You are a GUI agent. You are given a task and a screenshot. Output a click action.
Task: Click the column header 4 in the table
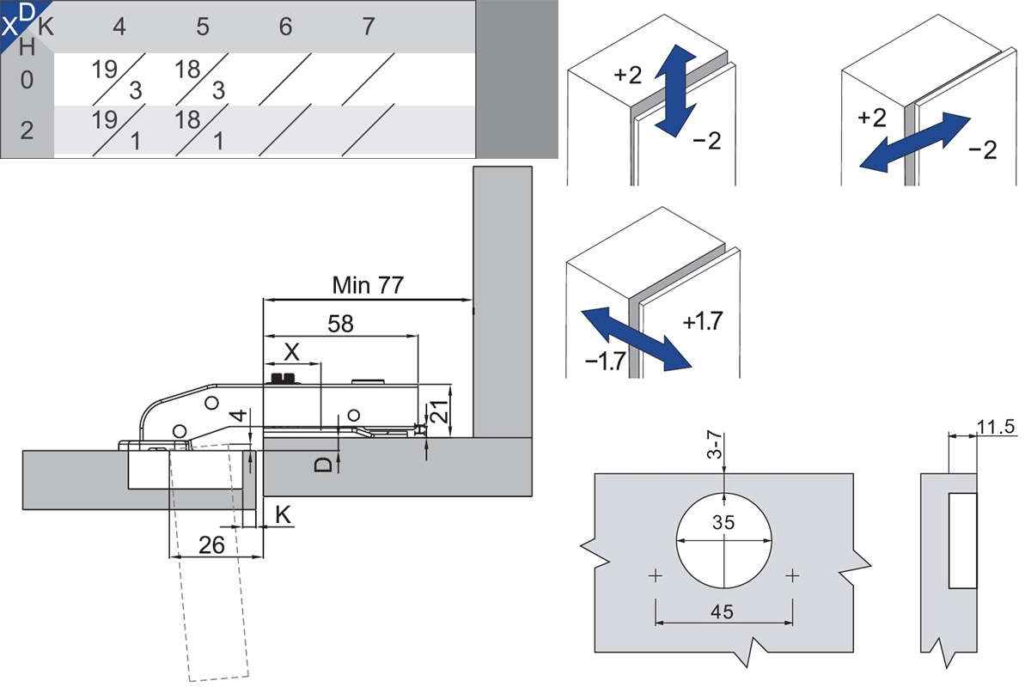pyautogui.click(x=119, y=27)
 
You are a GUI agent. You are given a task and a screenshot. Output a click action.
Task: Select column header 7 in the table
pyautogui.click(x=369, y=27)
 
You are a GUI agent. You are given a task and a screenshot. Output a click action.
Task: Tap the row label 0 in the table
pyautogui.click(x=27, y=80)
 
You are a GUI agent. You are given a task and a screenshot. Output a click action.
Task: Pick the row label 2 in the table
pyautogui.click(x=27, y=131)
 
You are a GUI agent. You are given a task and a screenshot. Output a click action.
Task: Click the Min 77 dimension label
pyautogui.click(x=368, y=285)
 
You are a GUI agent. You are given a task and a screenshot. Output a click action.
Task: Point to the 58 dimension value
pyautogui.click(x=340, y=323)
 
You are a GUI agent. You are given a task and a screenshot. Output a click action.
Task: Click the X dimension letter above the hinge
pyautogui.click(x=292, y=351)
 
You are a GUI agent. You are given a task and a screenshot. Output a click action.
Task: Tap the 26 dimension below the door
pyautogui.click(x=211, y=544)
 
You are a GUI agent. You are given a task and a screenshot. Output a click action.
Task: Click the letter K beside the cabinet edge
pyautogui.click(x=283, y=515)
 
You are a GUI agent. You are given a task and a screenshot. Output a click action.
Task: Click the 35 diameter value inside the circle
pyautogui.click(x=724, y=521)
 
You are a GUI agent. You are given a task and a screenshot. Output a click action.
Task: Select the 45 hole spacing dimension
pyautogui.click(x=723, y=611)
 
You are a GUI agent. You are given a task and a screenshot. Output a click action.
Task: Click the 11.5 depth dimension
pyautogui.click(x=997, y=426)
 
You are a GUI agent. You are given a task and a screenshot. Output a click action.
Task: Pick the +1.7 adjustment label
pyautogui.click(x=703, y=322)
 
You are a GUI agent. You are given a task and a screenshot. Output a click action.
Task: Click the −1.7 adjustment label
pyautogui.click(x=605, y=361)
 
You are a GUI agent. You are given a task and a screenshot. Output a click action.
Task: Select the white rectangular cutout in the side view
pyautogui.click(x=962, y=540)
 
